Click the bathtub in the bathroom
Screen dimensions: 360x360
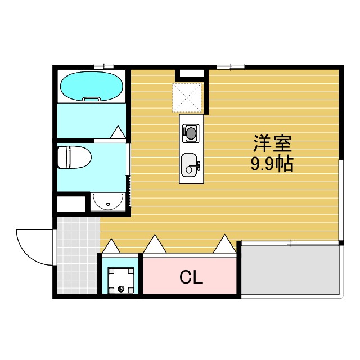pyautogui.click(x=91, y=86)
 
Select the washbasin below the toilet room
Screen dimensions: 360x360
pyautogui.click(x=107, y=200)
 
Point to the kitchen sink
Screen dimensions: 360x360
pyautogui.click(x=190, y=164)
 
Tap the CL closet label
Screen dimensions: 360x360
pyautogui.click(x=191, y=277)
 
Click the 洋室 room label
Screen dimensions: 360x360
pyautogui.click(x=272, y=144)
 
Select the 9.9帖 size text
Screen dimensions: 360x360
pyautogui.click(x=272, y=164)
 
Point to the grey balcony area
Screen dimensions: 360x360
pyautogui.click(x=290, y=269)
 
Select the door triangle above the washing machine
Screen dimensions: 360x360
pyautogui.click(x=111, y=246)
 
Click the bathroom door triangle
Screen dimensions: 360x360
pyautogui.click(x=118, y=133)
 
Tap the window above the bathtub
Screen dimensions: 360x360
pyautogui.click(x=104, y=67)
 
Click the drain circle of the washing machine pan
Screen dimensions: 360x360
pyautogui.click(x=120, y=289)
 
